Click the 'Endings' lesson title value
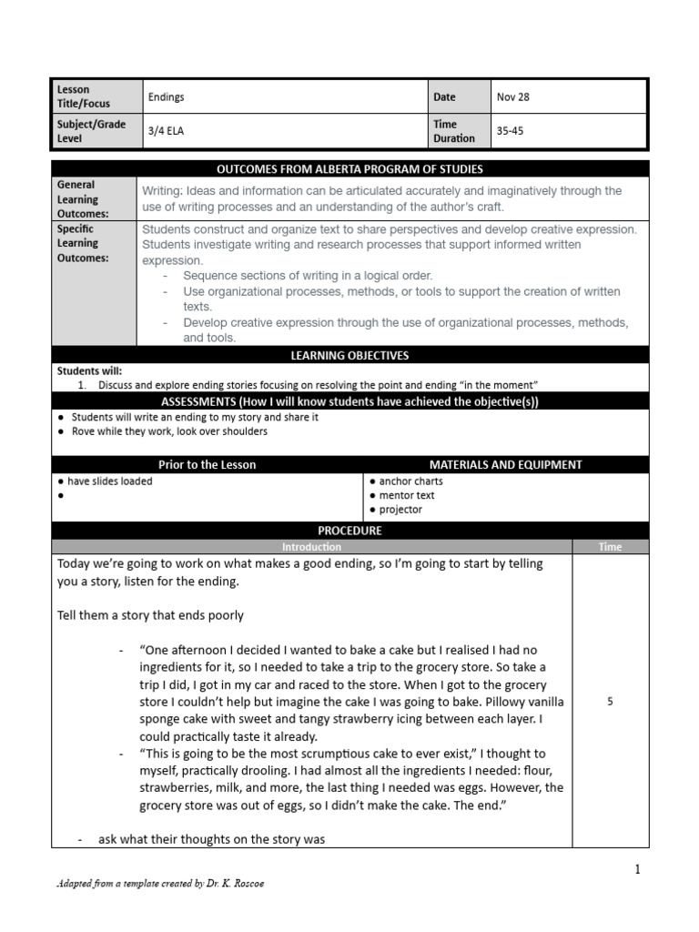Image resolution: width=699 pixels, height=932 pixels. tap(166, 96)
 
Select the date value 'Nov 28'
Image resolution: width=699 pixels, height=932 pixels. tap(512, 96)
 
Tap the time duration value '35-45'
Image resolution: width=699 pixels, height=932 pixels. tap(510, 130)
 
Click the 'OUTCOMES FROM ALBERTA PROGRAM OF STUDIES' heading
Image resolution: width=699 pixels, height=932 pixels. tap(349, 169)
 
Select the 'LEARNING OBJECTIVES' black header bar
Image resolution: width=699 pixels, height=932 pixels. tap(349, 356)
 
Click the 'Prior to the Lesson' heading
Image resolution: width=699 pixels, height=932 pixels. tap(208, 464)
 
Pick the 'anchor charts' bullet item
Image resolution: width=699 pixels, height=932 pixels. tap(410, 481)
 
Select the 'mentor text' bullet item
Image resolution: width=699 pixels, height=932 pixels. tap(407, 495)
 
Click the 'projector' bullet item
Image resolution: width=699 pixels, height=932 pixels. tap(400, 510)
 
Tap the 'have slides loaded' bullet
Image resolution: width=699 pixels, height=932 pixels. tap(109, 481)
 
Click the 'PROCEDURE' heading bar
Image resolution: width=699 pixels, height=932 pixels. tap(349, 531)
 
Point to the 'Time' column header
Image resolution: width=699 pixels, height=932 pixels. tap(610, 547)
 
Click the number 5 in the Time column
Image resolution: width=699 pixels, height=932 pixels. tap(610, 702)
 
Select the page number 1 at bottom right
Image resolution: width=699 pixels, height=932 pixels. tap(638, 869)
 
